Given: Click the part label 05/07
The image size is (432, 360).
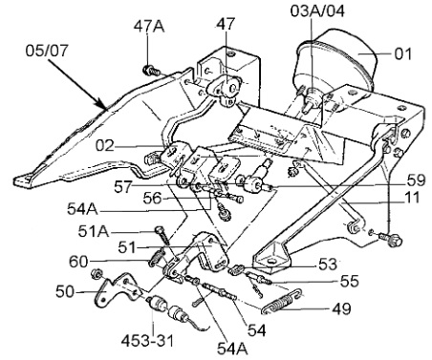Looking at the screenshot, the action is [47, 51].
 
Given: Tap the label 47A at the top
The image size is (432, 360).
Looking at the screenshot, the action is [149, 27].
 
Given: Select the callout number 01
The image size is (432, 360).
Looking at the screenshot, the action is [403, 53].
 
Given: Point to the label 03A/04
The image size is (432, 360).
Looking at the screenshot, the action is [317, 11].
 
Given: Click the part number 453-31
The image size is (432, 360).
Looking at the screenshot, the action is [147, 341].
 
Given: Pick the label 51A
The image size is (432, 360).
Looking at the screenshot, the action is [94, 232].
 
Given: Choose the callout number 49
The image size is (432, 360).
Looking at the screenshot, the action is [341, 308].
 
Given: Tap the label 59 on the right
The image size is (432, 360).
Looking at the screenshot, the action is [417, 180].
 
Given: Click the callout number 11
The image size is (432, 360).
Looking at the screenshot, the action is [412, 198].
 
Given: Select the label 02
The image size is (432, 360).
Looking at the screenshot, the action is [104, 146].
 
